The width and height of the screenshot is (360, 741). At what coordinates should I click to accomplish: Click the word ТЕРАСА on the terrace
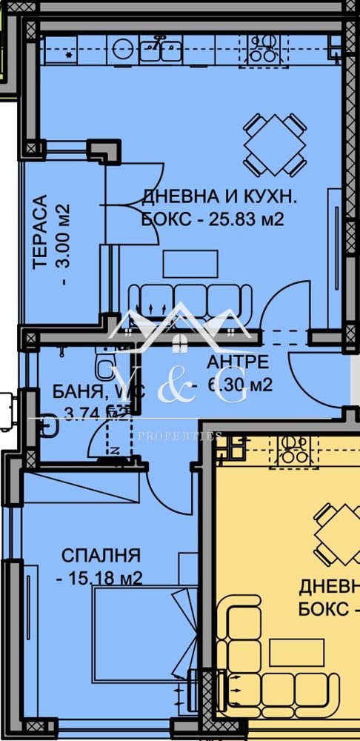point(41,230)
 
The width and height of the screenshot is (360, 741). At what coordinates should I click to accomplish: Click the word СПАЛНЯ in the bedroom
point(101,555)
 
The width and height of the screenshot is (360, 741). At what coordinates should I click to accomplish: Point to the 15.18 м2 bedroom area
point(101,578)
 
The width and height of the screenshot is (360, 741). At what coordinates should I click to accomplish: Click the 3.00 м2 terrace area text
point(63,245)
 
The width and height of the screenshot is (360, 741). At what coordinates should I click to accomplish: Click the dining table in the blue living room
point(275,144)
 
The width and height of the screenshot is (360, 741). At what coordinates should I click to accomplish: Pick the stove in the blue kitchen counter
point(262,49)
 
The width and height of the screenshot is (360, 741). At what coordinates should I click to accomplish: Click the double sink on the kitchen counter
point(157,50)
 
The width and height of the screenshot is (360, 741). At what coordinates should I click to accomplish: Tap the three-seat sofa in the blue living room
point(190,302)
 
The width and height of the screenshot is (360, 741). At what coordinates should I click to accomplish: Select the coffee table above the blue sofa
point(190,264)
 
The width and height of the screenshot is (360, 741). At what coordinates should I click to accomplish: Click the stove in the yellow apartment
point(294,450)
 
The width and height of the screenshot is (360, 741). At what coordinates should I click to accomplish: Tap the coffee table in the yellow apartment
point(296,653)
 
